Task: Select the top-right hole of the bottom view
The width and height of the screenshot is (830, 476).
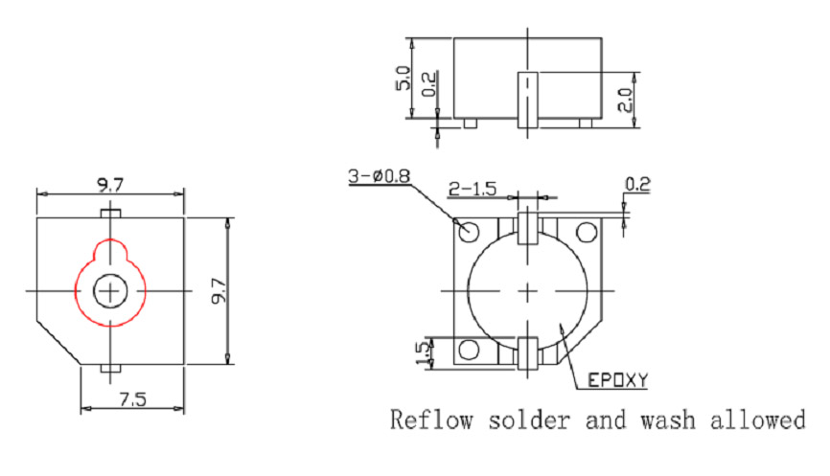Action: click(586, 231)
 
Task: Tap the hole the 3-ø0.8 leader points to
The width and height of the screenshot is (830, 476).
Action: click(470, 231)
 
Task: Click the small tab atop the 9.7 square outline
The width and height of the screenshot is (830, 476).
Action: click(111, 212)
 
